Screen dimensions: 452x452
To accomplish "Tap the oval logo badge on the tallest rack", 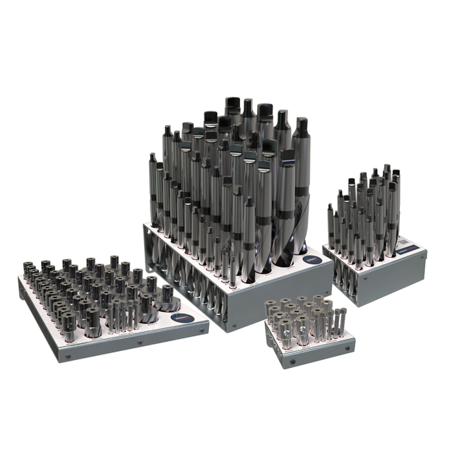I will coord(311,260).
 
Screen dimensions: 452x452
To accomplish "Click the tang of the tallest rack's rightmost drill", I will coord(302,128).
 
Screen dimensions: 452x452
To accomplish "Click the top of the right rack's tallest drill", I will coord(386,169).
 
